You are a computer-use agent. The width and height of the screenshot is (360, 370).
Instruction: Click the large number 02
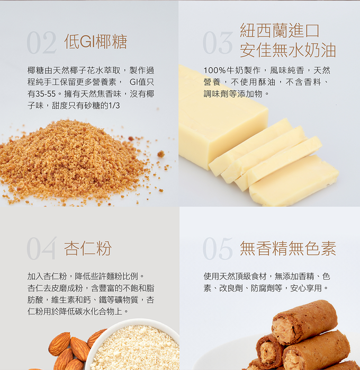click(42, 43)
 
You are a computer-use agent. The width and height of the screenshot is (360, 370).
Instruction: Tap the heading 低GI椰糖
click(96, 41)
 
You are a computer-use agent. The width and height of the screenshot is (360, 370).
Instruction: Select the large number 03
click(218, 43)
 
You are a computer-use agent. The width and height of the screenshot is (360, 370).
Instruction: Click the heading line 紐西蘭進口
click(280, 30)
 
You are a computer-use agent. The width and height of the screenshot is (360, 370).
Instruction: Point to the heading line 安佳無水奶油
click(287, 50)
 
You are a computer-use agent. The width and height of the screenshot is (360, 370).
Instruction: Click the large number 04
click(42, 248)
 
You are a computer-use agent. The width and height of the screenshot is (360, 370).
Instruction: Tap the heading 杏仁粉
click(88, 248)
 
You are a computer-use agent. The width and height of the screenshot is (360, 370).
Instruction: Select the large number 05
click(218, 248)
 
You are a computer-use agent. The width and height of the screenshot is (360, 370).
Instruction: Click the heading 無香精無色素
click(287, 248)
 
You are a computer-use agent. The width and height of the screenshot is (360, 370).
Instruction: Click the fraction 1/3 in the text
click(114, 105)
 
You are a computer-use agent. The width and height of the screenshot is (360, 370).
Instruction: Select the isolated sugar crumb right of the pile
click(161, 154)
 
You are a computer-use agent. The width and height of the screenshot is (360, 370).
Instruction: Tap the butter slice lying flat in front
click(294, 181)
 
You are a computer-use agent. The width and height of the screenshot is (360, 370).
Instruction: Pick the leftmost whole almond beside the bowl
click(60, 344)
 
